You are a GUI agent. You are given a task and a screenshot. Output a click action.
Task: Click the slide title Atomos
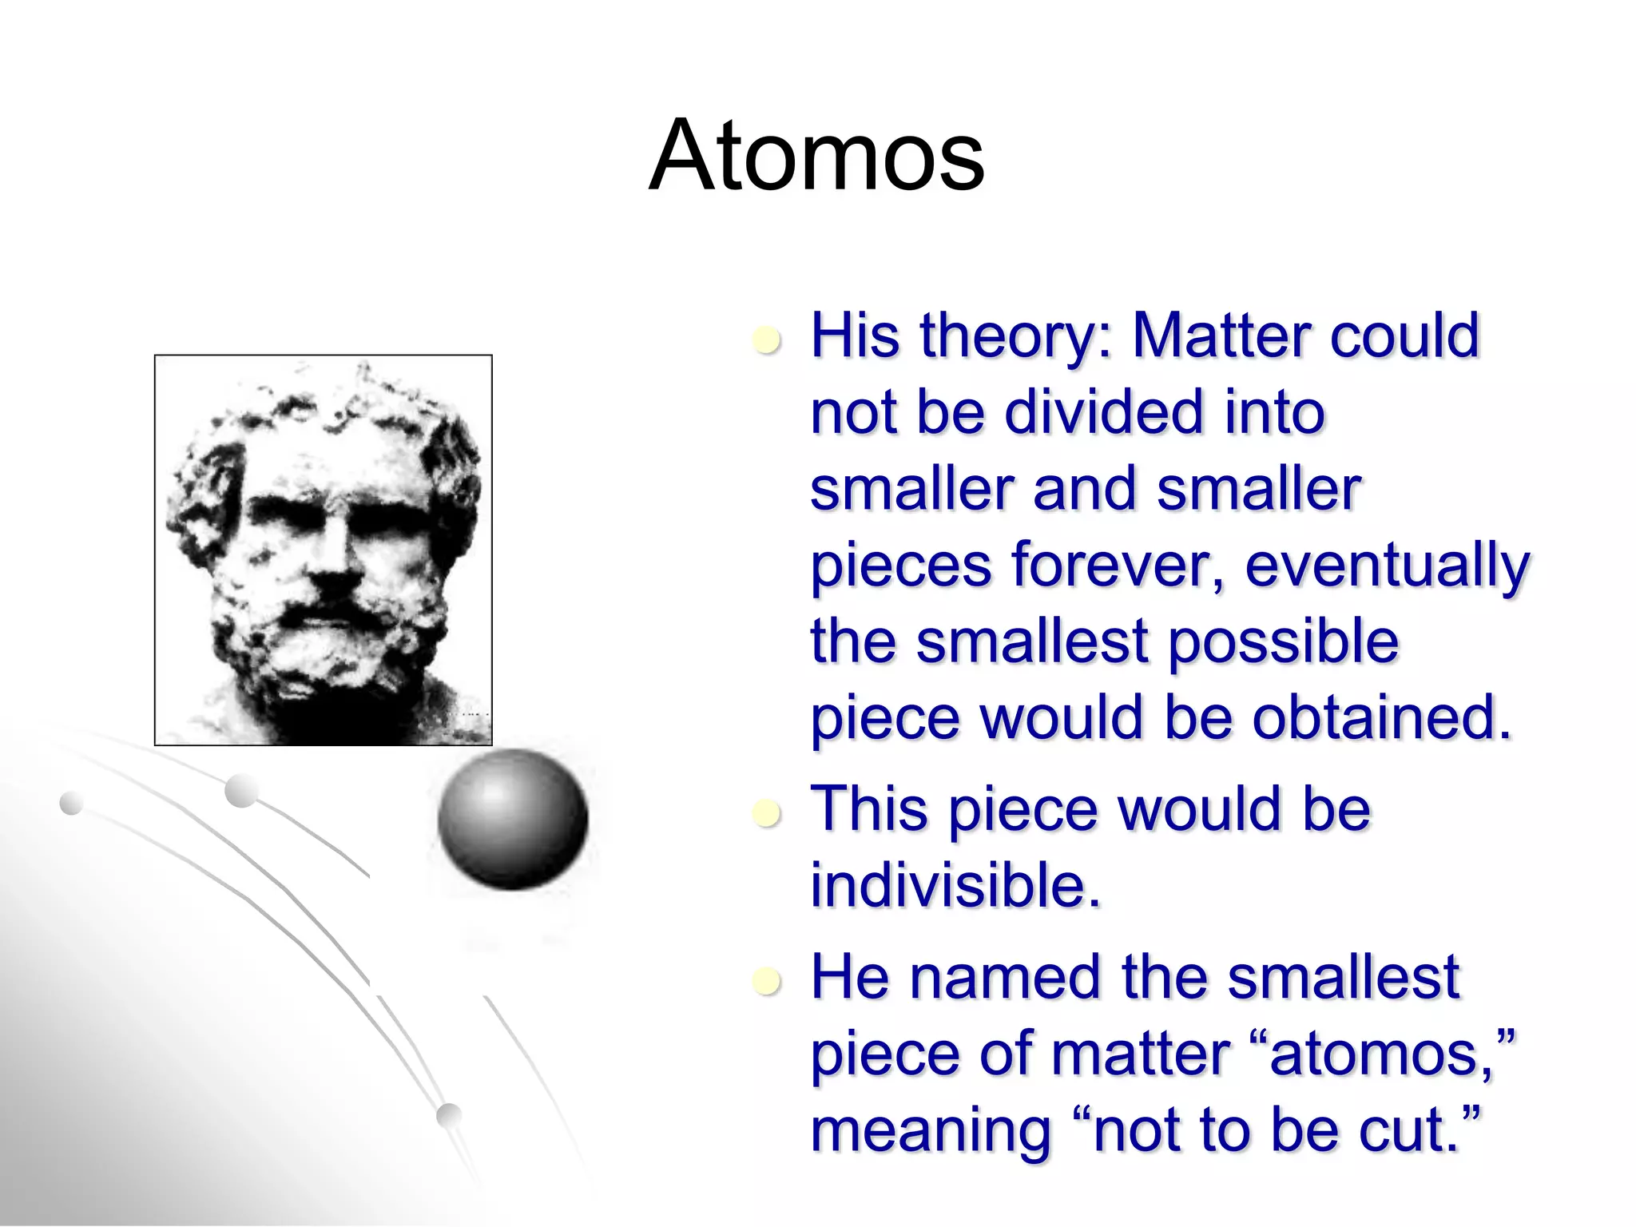(x=816, y=156)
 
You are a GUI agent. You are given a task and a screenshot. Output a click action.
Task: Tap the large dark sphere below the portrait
(x=512, y=819)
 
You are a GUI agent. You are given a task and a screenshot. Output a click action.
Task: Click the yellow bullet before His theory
(x=767, y=341)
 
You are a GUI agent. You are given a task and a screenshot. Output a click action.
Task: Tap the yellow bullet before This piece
(x=767, y=815)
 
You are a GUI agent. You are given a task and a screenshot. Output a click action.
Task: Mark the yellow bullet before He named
(x=767, y=983)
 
